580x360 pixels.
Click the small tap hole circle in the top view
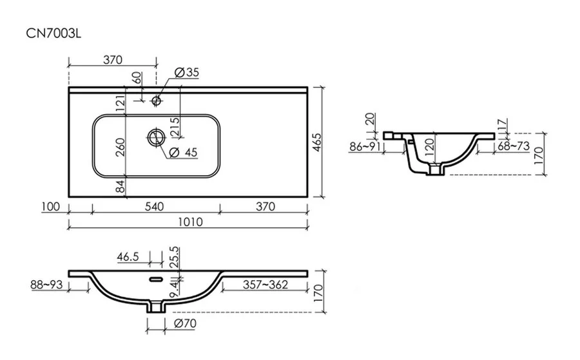pyautogui.click(x=155, y=100)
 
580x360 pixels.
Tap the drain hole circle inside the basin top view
pyautogui.click(x=155, y=137)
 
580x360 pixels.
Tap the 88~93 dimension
pyautogui.click(x=46, y=283)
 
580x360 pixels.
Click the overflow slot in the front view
pyautogui.click(x=155, y=279)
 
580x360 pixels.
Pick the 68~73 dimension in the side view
pyautogui.click(x=513, y=147)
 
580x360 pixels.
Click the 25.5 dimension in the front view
pyautogui.click(x=172, y=257)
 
